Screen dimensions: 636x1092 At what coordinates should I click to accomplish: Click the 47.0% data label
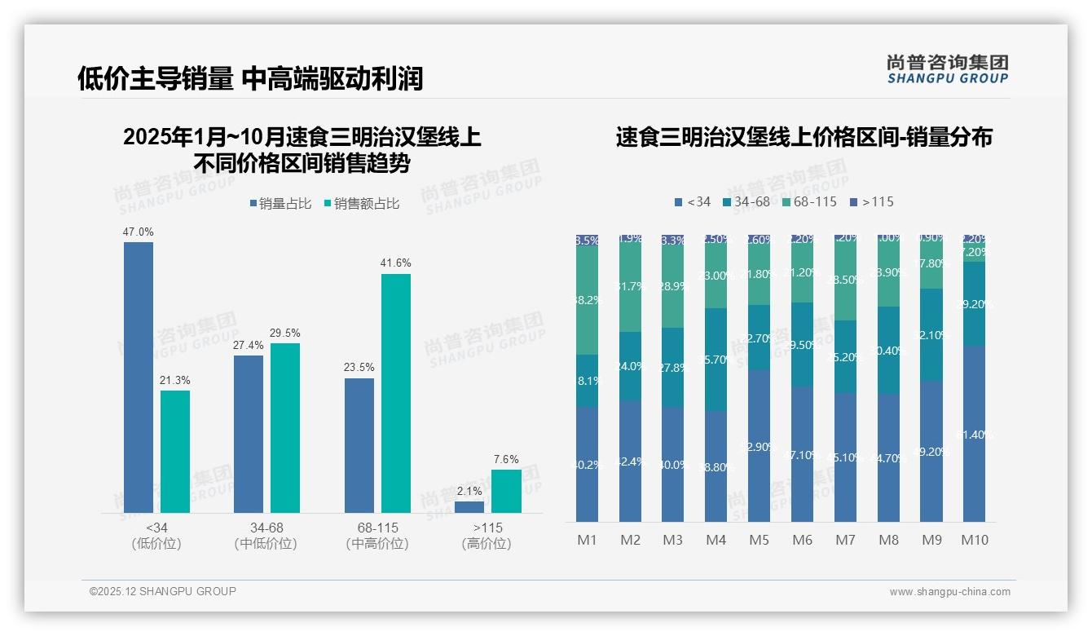click(138, 232)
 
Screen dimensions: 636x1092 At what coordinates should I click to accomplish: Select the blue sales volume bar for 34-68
click(249, 434)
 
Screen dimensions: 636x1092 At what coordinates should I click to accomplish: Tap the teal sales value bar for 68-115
click(395, 393)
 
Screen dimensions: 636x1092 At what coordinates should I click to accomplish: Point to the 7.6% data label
click(506, 460)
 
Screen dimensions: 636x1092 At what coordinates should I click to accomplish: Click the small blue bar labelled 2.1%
click(469, 507)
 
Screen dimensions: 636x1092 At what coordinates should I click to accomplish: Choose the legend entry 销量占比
click(280, 204)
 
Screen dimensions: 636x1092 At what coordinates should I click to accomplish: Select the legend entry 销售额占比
click(362, 204)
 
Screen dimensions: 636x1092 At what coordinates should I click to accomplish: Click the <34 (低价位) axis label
click(156, 536)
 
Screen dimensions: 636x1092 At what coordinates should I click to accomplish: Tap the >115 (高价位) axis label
click(487, 536)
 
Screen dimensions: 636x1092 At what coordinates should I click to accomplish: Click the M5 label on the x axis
click(759, 540)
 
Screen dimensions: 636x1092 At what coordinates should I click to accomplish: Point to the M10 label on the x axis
click(975, 540)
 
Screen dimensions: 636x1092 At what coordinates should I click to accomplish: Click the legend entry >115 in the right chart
click(871, 201)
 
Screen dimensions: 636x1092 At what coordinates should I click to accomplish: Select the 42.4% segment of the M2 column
click(630, 461)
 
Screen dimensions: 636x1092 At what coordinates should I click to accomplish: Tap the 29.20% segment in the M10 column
click(974, 303)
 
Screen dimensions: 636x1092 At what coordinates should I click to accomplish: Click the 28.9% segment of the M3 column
click(672, 285)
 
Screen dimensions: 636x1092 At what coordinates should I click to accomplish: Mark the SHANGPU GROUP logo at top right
click(947, 68)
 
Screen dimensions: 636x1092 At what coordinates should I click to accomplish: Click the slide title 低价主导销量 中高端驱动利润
click(250, 79)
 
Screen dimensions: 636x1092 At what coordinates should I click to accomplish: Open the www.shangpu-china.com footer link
click(949, 592)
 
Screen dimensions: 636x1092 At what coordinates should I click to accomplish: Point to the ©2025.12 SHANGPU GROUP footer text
click(163, 591)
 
